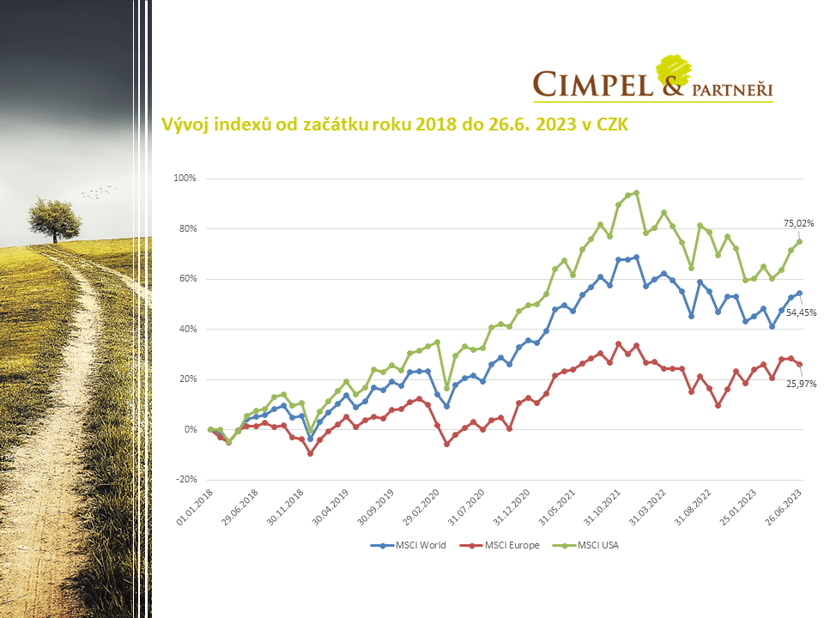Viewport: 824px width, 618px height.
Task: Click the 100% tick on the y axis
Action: (185, 179)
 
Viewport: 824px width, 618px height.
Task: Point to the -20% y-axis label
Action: (185, 480)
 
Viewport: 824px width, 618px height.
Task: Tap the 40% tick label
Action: (187, 330)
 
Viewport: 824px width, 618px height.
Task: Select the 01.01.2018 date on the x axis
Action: (194, 506)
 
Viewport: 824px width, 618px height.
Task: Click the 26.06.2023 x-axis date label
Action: (784, 506)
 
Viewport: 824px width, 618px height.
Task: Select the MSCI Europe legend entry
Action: (506, 545)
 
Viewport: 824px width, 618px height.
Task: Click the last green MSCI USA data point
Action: (799, 241)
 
